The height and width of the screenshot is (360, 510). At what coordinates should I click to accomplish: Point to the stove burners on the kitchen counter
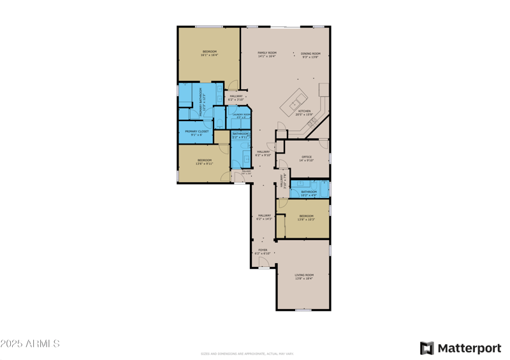[312, 122]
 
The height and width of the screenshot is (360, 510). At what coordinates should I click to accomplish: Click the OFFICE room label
[307, 158]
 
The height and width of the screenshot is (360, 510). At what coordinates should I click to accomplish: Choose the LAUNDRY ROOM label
[241, 115]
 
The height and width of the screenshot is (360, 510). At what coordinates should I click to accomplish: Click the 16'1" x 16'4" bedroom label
[209, 53]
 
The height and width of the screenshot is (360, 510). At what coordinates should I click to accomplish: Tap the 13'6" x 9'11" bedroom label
[204, 161]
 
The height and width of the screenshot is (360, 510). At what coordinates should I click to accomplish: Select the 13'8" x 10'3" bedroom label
[306, 217]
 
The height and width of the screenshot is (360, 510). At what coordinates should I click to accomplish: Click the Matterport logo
[460, 348]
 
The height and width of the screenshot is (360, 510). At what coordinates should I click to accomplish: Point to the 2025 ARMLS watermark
[30, 344]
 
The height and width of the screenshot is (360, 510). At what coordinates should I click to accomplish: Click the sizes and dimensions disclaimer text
[248, 354]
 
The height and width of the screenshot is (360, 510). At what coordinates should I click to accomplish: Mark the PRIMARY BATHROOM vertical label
[201, 101]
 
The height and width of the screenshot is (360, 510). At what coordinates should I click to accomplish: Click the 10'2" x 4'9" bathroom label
[309, 192]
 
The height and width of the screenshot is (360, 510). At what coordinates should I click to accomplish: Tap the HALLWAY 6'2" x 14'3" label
[264, 217]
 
